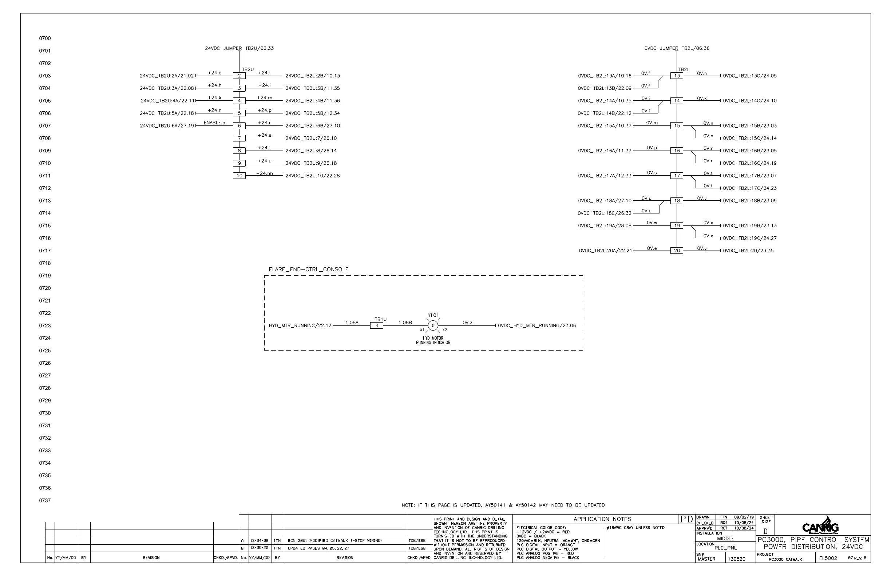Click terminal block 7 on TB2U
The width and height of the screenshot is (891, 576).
(x=239, y=139)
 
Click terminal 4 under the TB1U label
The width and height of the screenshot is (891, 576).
(x=377, y=326)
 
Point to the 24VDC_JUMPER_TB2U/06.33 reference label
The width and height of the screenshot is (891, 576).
(x=239, y=48)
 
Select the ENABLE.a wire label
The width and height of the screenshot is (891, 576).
(x=214, y=123)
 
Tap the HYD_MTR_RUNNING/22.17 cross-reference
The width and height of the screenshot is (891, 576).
(x=300, y=326)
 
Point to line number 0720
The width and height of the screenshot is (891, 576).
(x=45, y=288)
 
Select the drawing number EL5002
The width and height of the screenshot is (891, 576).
(x=828, y=559)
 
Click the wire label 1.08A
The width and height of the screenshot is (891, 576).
(x=352, y=323)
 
